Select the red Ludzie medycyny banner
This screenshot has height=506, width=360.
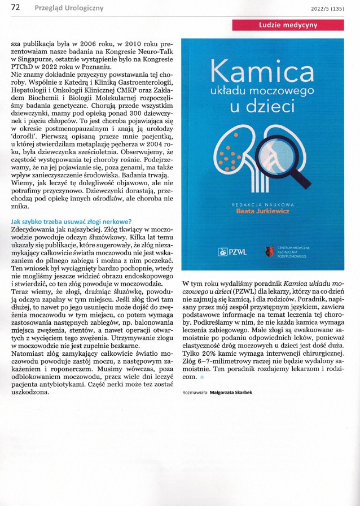[x=288, y=25]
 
